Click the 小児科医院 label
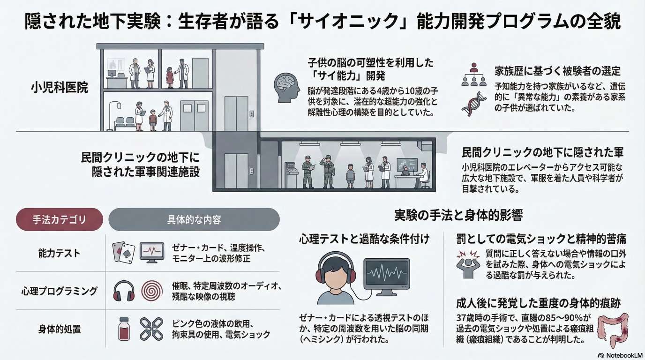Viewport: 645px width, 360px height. pos(60,87)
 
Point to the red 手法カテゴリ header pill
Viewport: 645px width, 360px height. pos(59,219)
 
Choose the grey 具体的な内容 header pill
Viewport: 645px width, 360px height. pos(194,219)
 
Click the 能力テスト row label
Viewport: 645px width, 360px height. pos(59,253)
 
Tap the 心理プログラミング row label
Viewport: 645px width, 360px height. pos(59,291)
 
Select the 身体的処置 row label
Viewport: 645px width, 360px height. pos(59,329)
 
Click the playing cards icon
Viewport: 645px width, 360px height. pos(123,253)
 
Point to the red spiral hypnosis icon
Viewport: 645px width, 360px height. pos(151,291)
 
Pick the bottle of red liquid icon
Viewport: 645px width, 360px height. pos(124,329)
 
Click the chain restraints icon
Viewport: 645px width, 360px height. pos(151,329)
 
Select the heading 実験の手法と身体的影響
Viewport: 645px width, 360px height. pos(458,215)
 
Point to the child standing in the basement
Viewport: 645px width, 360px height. pos(351,175)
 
